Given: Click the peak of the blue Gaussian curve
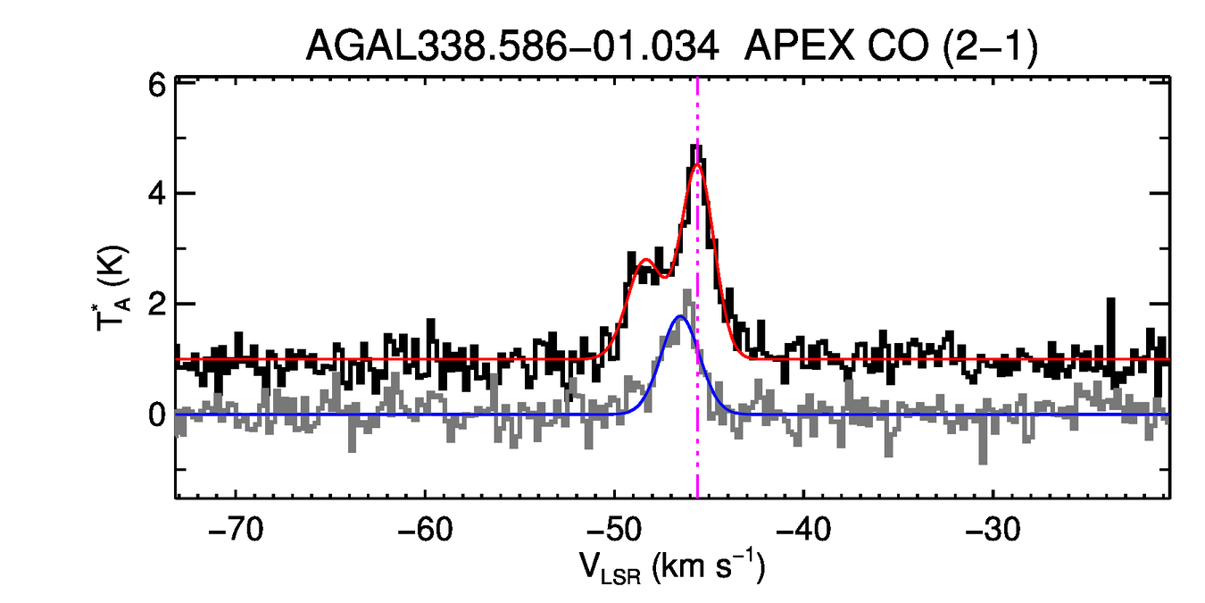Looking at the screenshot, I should (x=680, y=316).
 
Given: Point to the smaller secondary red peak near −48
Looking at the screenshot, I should (x=644, y=260).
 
